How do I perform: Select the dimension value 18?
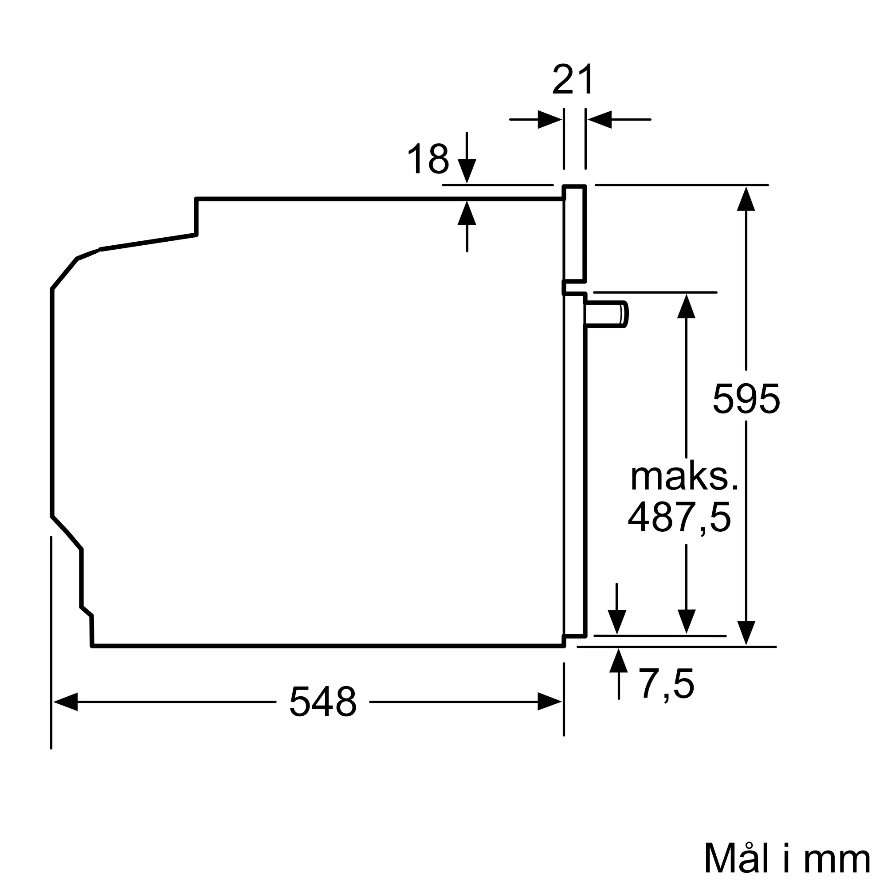(428, 159)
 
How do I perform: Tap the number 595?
(746, 399)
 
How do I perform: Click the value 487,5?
(679, 518)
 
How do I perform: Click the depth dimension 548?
(323, 702)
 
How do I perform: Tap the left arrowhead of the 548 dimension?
(66, 702)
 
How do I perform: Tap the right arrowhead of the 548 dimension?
(549, 702)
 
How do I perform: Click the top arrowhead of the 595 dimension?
(746, 199)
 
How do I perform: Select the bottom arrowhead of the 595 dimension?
(746, 633)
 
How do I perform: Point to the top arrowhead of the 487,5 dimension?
(686, 306)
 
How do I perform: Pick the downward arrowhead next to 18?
(467, 171)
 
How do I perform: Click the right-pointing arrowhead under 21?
(549, 119)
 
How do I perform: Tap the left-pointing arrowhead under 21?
(600, 119)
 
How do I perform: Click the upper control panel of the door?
(575, 233)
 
